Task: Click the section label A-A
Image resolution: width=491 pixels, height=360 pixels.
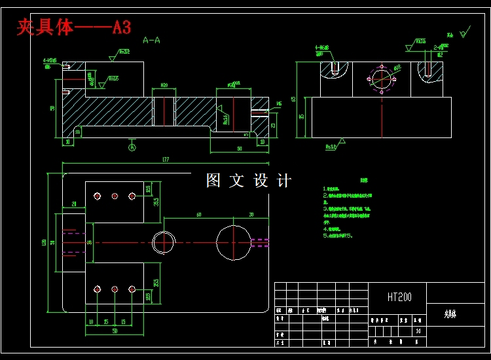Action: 151,40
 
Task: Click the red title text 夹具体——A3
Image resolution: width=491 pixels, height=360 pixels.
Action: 73,27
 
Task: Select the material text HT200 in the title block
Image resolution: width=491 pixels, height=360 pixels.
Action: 399,297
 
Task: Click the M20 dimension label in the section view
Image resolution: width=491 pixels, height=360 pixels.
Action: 164,85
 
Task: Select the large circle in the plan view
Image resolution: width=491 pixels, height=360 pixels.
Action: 234,242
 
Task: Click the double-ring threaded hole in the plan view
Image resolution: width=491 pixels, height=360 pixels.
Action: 162,242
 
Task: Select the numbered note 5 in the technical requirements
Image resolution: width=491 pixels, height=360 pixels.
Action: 338,236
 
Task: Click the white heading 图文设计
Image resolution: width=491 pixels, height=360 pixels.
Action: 248,181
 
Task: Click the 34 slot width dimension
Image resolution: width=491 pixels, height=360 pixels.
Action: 90,242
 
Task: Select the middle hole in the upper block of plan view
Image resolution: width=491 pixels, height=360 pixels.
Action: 115,196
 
